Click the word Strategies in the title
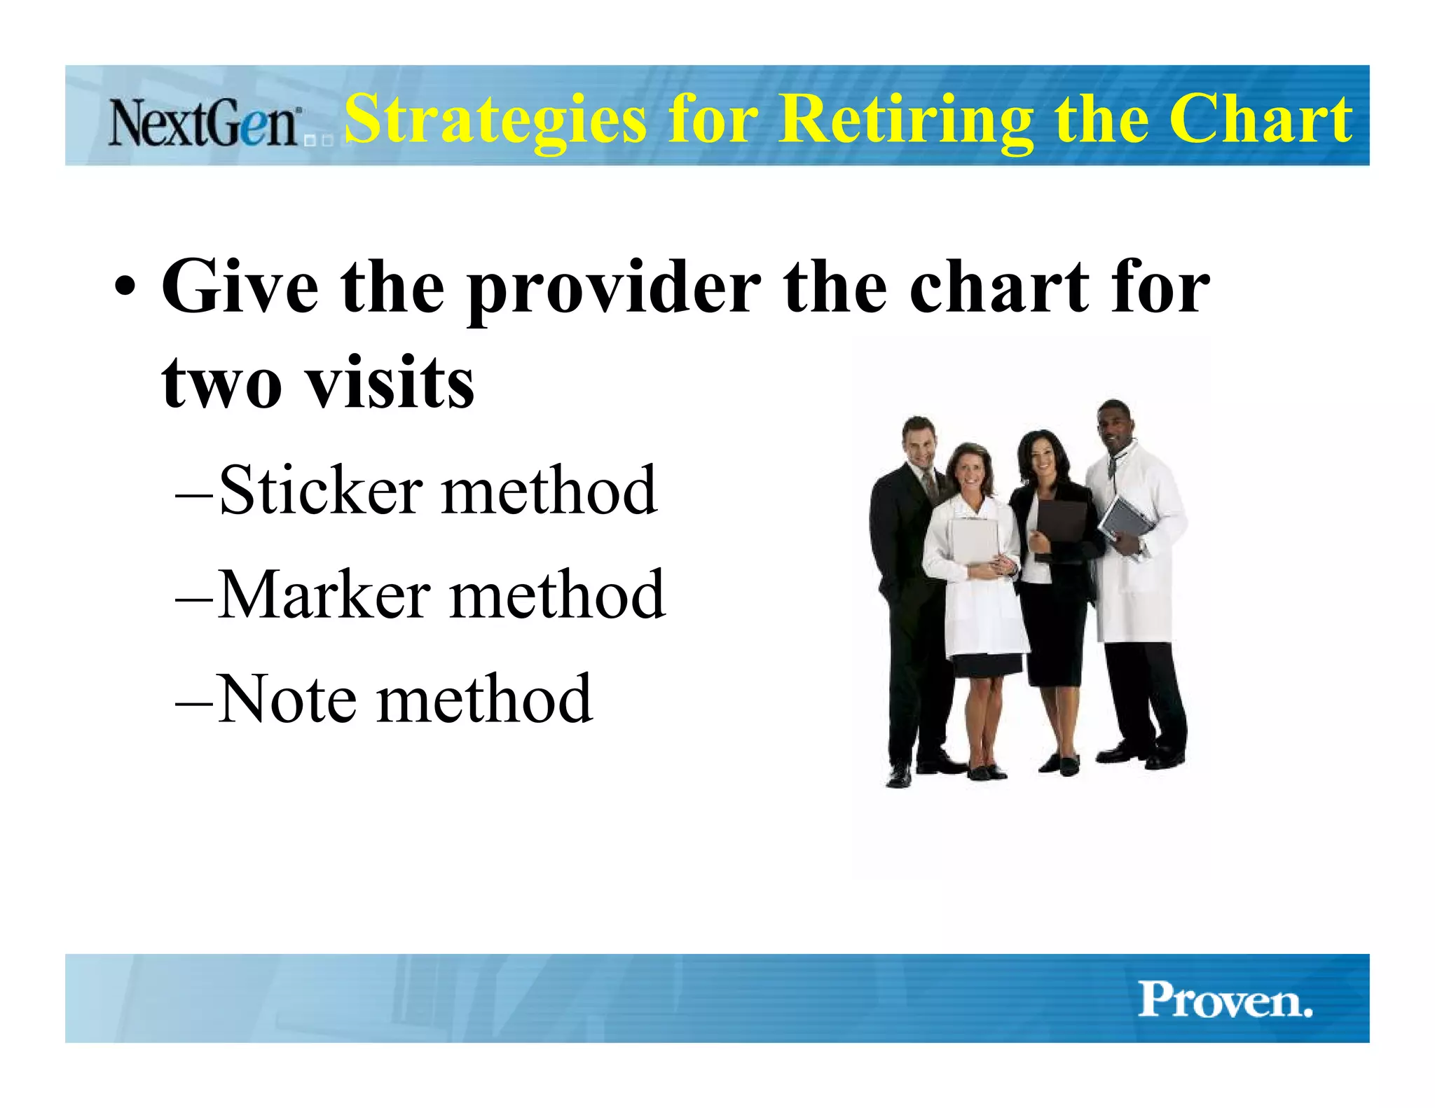[x=495, y=119]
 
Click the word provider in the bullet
[x=614, y=289]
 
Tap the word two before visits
[x=221, y=384]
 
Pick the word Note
[x=287, y=699]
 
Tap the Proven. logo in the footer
[x=1224, y=999]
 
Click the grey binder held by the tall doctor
[x=1124, y=522]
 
